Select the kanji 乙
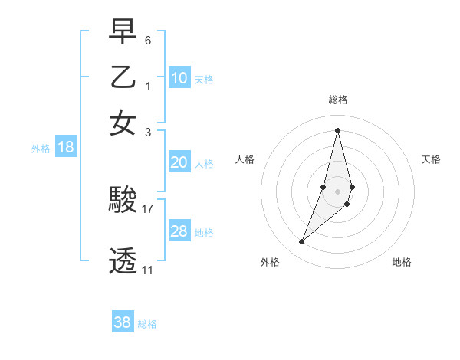(123, 78)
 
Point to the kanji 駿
(123, 201)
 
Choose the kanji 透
(123, 260)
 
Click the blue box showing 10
(179, 78)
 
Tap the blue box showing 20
(179, 162)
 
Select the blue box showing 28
(179, 231)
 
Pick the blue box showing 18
(66, 148)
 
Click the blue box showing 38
(123, 322)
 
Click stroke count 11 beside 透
(147, 270)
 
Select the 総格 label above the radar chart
(337, 100)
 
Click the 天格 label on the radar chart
(431, 159)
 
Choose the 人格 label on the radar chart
(245, 159)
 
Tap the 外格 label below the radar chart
(270, 262)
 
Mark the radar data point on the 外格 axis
(302, 242)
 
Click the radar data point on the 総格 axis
(337, 129)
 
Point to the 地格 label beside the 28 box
(204, 232)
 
